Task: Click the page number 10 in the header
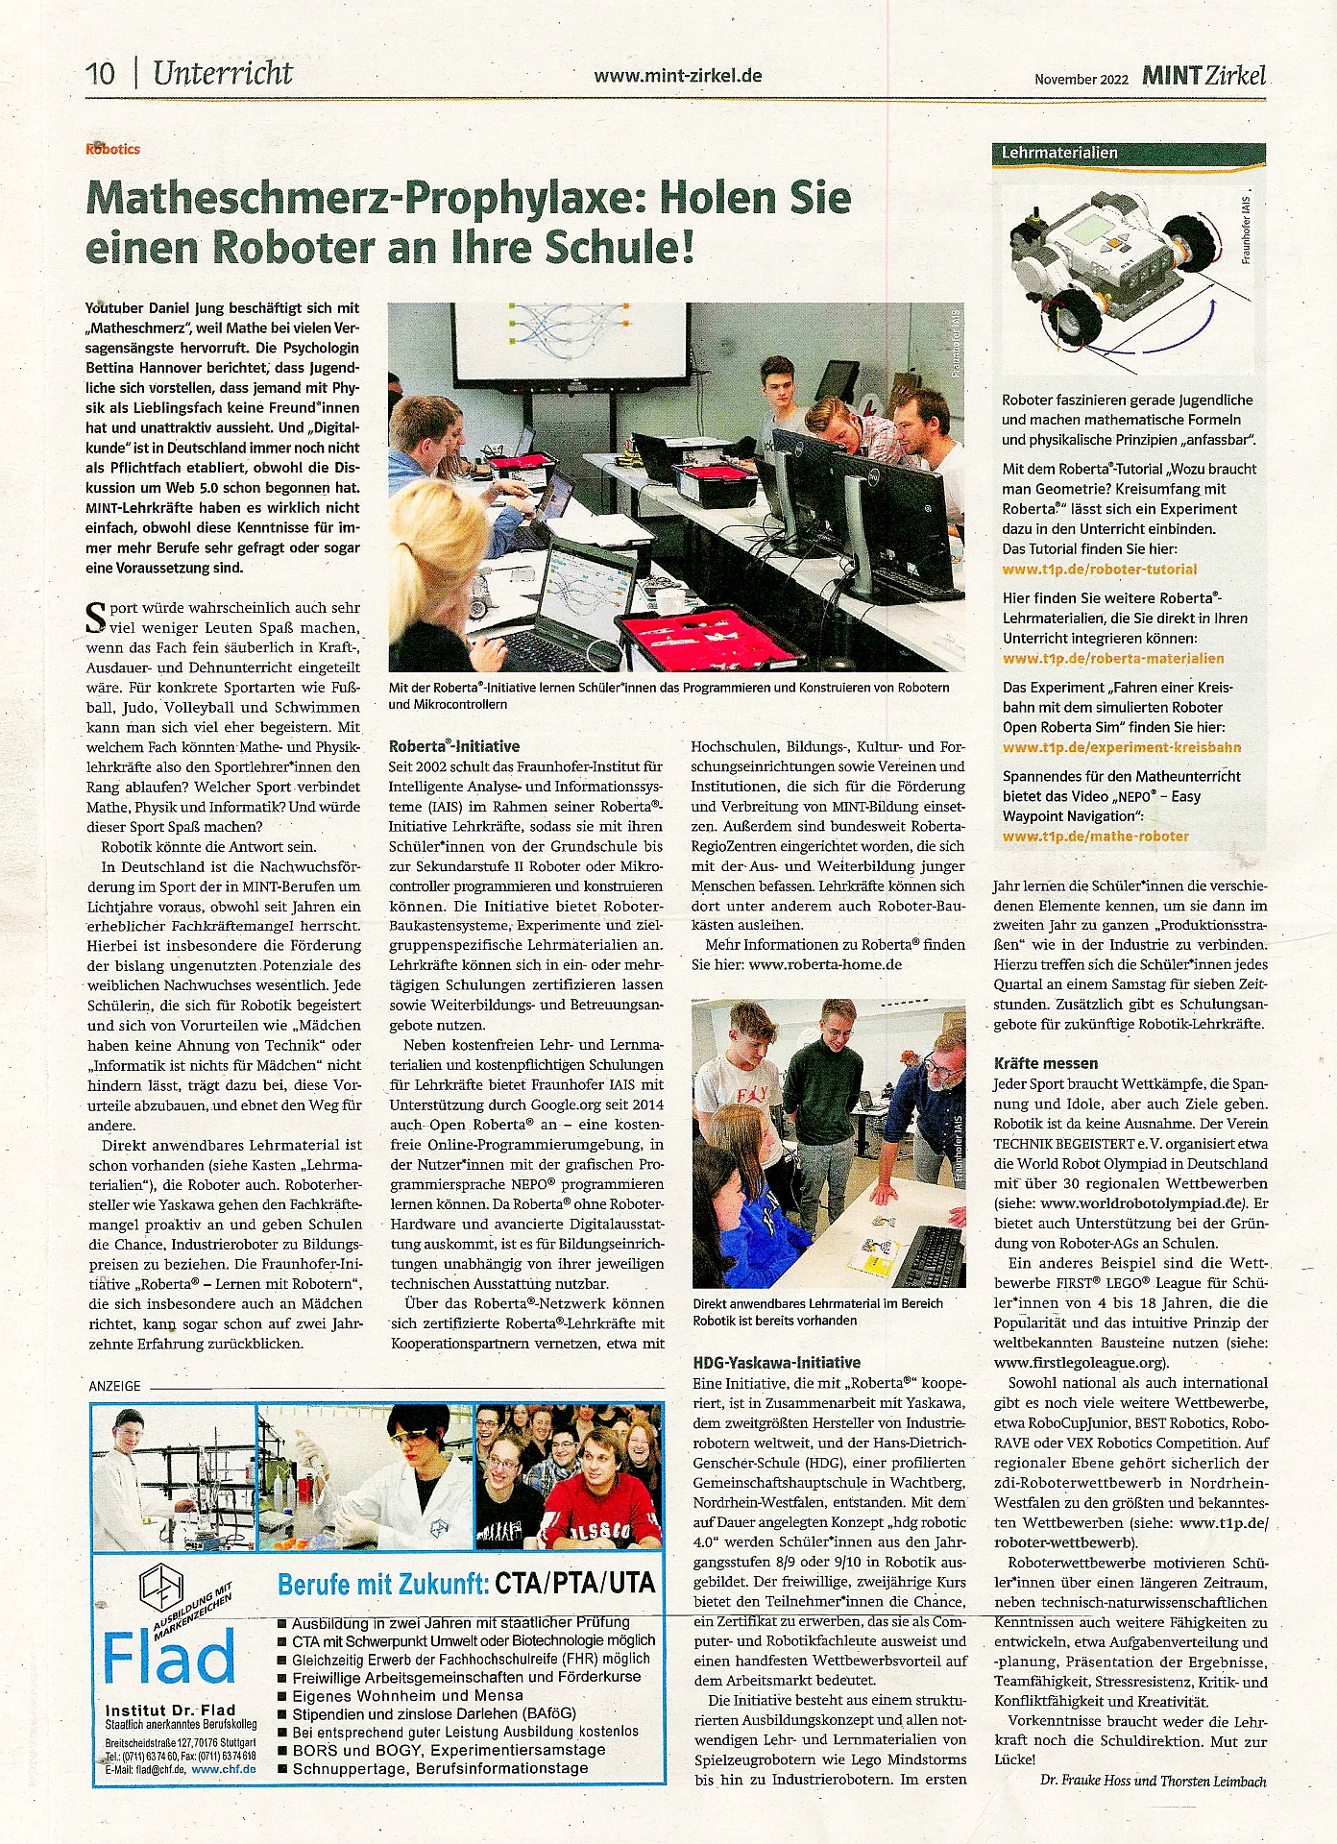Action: [100, 74]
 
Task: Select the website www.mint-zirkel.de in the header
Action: [677, 76]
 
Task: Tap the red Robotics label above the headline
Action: [112, 149]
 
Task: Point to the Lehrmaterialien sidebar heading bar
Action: [1129, 153]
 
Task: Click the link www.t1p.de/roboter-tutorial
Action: [1100, 570]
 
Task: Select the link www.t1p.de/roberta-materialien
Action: [1113, 659]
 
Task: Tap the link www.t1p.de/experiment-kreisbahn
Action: [1121, 747]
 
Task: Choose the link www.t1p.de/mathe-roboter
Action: [1095, 837]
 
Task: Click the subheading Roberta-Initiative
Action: [454, 746]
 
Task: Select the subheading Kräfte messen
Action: [1045, 1063]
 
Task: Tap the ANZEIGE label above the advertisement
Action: [114, 1386]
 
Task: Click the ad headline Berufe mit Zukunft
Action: [382, 1584]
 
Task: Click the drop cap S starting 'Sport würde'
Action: [96, 618]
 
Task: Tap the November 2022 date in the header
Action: [1081, 80]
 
